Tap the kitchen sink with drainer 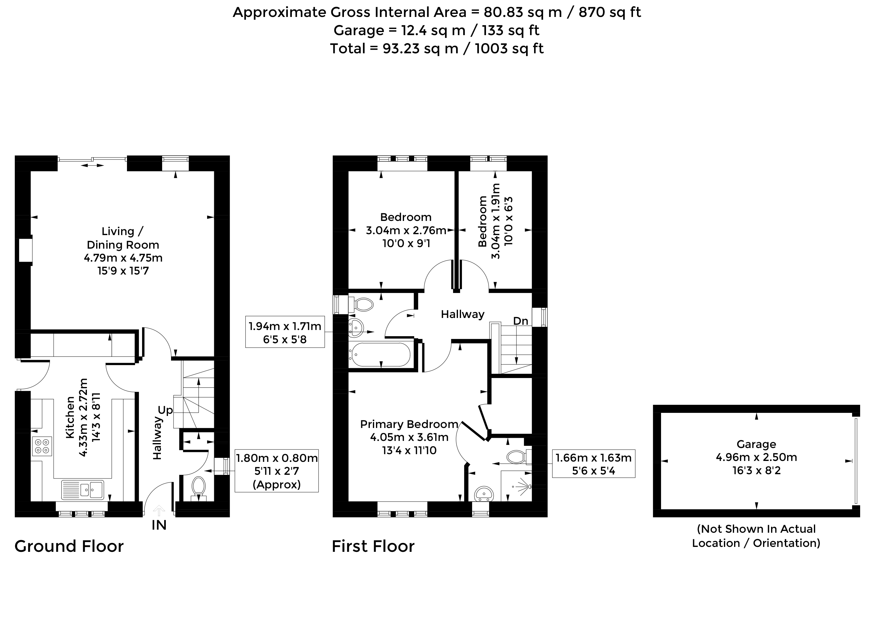click(x=82, y=489)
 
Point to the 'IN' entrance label click(x=159, y=525)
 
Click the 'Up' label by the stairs click(x=165, y=410)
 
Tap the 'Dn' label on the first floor click(x=520, y=321)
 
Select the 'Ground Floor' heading click(x=69, y=546)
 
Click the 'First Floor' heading click(x=373, y=546)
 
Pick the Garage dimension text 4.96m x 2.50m click(x=756, y=457)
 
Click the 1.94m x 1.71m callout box click(x=285, y=332)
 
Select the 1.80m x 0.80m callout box click(x=276, y=471)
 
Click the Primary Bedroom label click(x=409, y=424)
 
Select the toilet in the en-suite click(x=519, y=457)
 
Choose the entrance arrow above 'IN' click(x=159, y=510)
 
